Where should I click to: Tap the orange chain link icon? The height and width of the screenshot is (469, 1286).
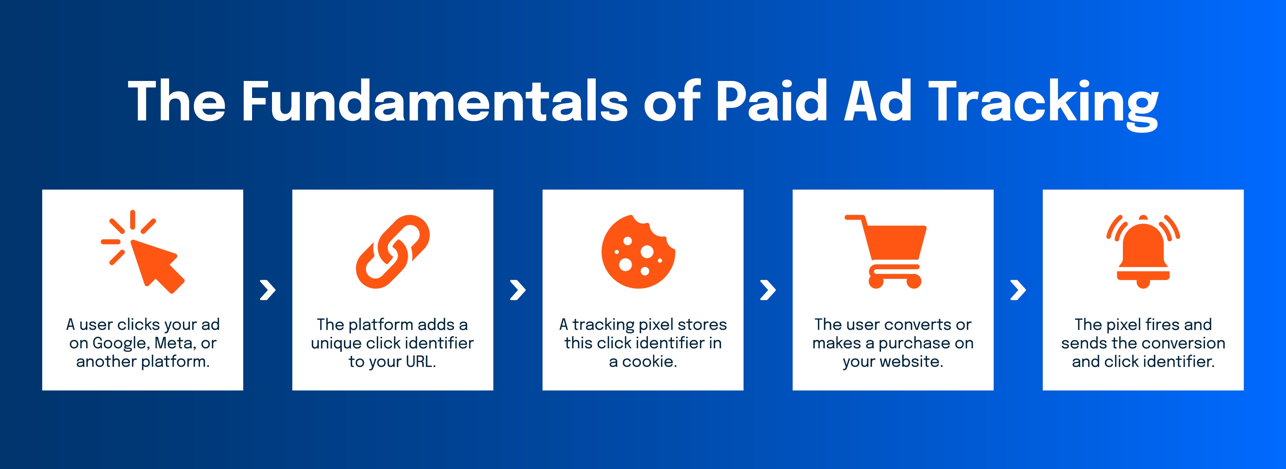tap(393, 252)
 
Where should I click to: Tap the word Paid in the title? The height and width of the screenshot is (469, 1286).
tap(772, 101)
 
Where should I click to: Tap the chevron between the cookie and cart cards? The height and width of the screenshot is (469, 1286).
tap(768, 290)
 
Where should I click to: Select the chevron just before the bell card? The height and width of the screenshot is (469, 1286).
tap(1018, 290)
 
